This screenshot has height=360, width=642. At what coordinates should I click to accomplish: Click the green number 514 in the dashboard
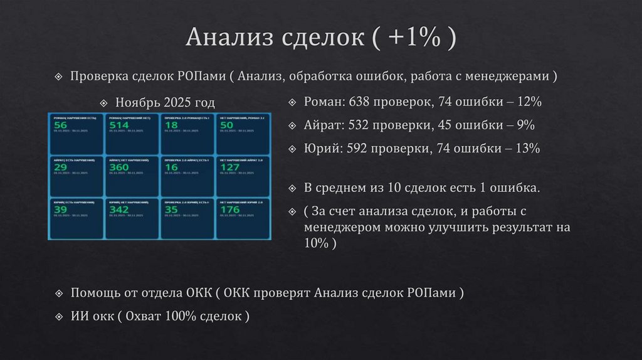pyautogui.click(x=119, y=125)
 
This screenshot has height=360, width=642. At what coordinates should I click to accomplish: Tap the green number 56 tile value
pyautogui.click(x=61, y=125)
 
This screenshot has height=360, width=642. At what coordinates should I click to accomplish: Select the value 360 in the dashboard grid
pyautogui.click(x=119, y=167)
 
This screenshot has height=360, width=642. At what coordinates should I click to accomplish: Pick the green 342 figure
pyautogui.click(x=119, y=209)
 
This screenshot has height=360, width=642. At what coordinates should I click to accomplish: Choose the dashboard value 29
pyautogui.click(x=61, y=167)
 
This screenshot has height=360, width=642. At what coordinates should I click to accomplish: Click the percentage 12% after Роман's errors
pyautogui.click(x=529, y=102)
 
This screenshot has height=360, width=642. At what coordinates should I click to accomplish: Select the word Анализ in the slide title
pyautogui.click(x=229, y=39)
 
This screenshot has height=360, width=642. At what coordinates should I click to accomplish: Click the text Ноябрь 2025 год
pyautogui.click(x=165, y=102)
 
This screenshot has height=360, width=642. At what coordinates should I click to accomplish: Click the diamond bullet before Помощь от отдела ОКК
pyautogui.click(x=58, y=293)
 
